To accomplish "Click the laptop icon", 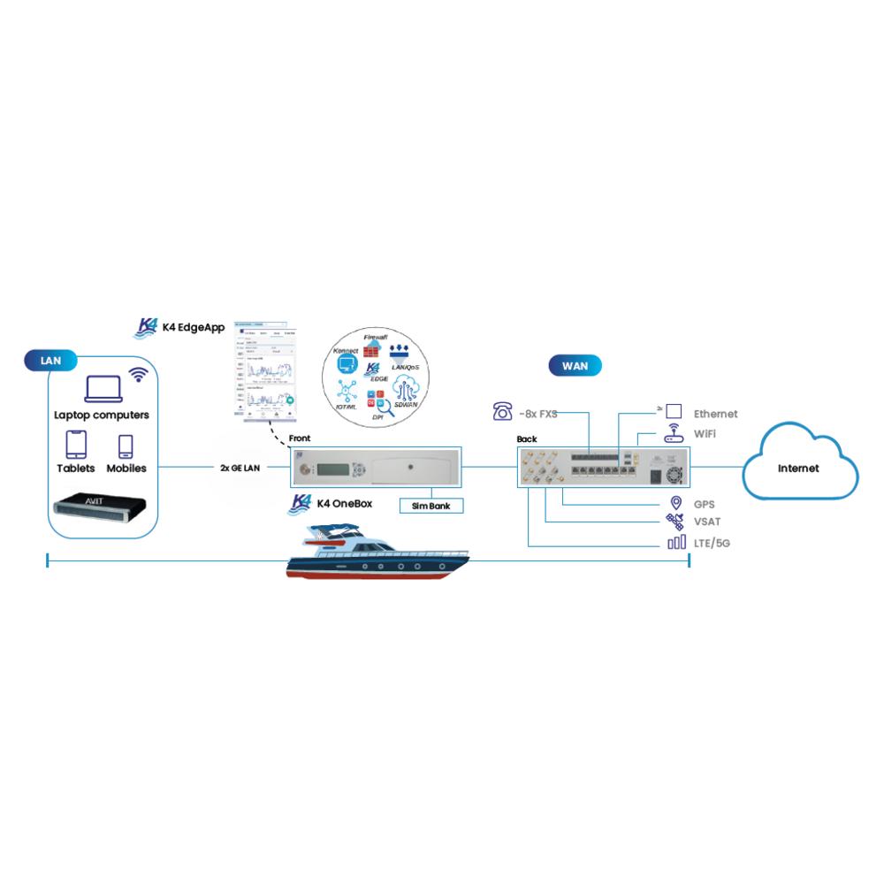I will coord(102,389).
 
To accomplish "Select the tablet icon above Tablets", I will coord(77,445).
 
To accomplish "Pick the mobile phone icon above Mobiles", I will coord(126,446).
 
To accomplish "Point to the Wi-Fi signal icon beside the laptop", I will coord(139,375).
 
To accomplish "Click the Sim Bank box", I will coord(431,507).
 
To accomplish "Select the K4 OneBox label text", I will coord(347,503).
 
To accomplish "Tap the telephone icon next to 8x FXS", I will coord(503,411).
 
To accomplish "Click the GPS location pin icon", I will coord(676,504).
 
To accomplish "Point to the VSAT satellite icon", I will coord(675,522).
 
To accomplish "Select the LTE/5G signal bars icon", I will coord(676,542).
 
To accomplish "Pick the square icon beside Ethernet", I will coord(674,411).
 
